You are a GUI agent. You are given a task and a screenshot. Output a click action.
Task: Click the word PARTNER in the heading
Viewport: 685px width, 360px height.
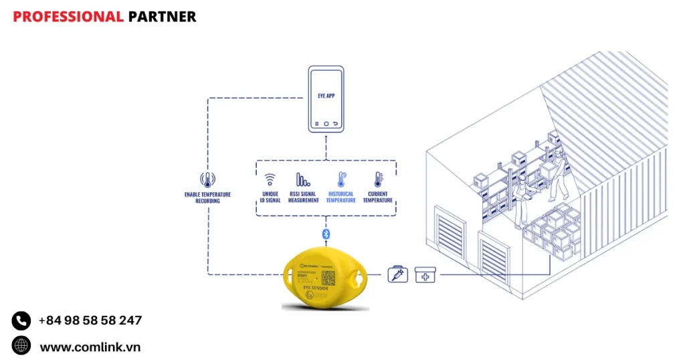[163, 17]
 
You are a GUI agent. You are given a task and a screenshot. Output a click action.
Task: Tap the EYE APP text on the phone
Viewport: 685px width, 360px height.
[326, 96]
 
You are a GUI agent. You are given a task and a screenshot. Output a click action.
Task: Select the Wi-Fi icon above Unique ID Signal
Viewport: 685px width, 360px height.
[270, 179]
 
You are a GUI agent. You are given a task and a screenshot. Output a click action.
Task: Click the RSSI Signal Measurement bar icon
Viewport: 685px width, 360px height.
[304, 179]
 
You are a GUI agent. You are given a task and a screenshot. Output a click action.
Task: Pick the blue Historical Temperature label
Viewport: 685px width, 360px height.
[341, 197]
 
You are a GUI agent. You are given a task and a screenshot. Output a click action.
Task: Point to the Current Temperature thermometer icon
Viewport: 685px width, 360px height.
[378, 179]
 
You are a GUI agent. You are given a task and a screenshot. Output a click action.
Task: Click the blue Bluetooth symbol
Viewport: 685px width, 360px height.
[326, 234]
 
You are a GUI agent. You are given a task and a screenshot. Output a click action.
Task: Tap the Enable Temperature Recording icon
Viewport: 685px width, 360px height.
[207, 179]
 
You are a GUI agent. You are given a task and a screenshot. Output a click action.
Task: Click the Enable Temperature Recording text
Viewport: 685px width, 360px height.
[207, 197]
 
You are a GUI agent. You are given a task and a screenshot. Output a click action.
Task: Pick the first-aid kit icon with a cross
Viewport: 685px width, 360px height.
[425, 274]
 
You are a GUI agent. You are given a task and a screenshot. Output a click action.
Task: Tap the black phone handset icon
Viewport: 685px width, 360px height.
[21, 321]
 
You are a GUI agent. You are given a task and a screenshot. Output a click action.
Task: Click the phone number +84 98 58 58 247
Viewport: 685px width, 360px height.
[90, 321]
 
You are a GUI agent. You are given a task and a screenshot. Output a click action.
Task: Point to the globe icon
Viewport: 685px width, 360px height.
[21, 346]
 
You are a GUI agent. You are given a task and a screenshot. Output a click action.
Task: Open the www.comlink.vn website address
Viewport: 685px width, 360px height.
[90, 347]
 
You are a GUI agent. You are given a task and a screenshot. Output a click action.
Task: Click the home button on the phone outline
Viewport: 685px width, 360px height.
[326, 124]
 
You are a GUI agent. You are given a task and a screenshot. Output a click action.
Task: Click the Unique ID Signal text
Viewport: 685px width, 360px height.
[270, 197]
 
